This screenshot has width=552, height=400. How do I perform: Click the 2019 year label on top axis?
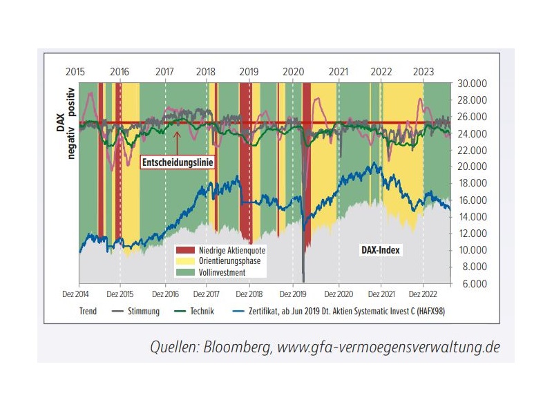(x=248, y=72)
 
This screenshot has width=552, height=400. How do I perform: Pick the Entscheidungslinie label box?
(x=177, y=162)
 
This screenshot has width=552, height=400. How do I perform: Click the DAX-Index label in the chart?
(x=381, y=250)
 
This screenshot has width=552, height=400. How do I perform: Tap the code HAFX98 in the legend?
(x=431, y=312)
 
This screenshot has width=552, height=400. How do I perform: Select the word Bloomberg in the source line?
(x=235, y=346)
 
